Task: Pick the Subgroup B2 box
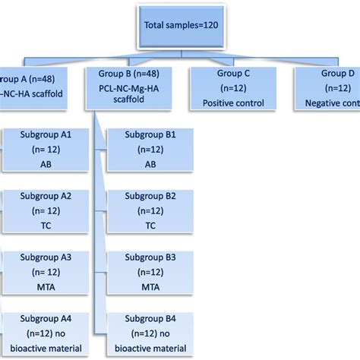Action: point(150,210)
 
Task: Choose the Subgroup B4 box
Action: point(150,333)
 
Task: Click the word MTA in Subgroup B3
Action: point(150,287)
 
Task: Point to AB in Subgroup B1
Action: point(150,164)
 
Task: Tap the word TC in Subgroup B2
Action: point(150,226)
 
